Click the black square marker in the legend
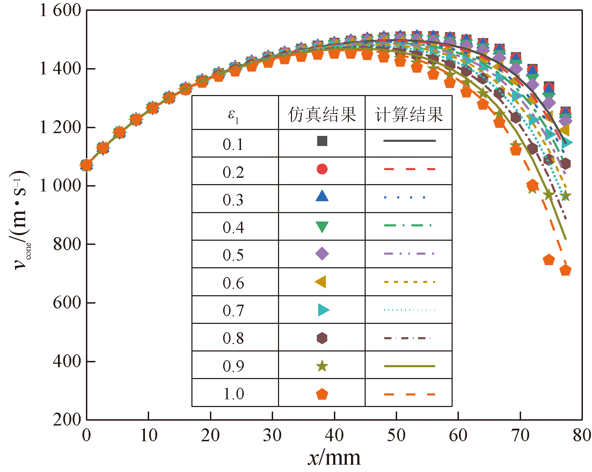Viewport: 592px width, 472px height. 322,141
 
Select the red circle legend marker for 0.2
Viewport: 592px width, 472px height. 322,169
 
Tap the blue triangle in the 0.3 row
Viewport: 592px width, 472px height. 322,196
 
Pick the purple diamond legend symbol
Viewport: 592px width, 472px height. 322,254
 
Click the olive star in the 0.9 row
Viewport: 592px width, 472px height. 322,366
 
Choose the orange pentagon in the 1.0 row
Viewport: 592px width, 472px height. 322,394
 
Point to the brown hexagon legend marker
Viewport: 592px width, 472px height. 322,338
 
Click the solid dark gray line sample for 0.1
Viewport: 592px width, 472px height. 409,141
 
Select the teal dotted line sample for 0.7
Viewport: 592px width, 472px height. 409,310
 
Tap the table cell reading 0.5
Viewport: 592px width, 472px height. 233,255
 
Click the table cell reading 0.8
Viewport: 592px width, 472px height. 233,338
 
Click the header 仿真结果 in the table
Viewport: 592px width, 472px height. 322,114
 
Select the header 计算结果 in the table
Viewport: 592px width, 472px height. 409,114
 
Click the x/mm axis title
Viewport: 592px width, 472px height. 334,457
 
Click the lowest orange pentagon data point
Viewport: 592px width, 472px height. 565,270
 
